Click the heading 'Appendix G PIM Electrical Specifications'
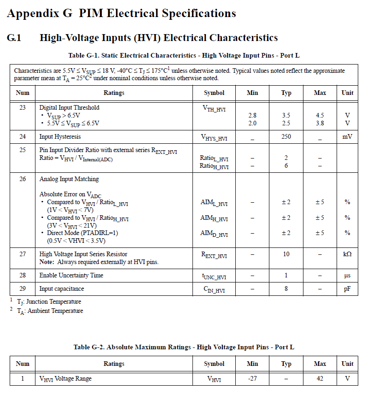(x=122, y=13)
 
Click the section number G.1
(x=14, y=38)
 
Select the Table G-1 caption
(x=184, y=56)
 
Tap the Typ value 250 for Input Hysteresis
(x=286, y=137)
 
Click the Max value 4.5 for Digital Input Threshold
(x=320, y=115)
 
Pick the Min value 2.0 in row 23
(x=252, y=123)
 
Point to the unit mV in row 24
(x=347, y=137)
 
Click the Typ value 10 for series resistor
(x=286, y=254)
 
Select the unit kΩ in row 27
(x=347, y=254)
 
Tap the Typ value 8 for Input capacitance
(x=286, y=289)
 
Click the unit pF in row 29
(x=347, y=289)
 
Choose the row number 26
(x=23, y=179)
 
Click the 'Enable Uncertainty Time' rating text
(x=71, y=276)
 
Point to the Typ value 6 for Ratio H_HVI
(x=286, y=166)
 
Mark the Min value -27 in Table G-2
(x=252, y=378)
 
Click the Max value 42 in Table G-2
(x=320, y=378)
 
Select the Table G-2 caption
(x=184, y=347)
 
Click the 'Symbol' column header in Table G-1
(x=214, y=93)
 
